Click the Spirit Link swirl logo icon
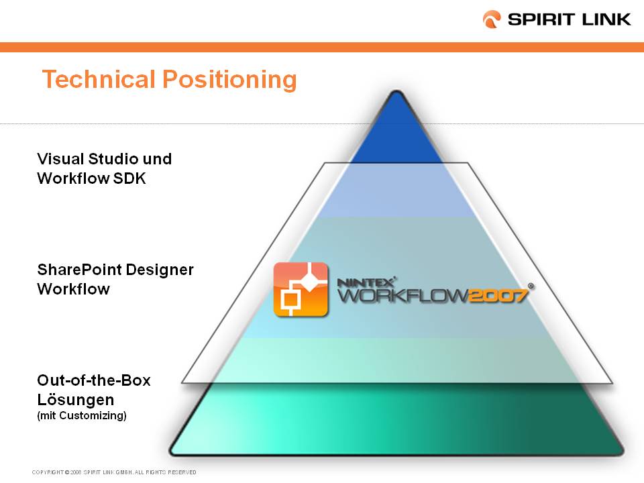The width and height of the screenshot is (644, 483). (492, 19)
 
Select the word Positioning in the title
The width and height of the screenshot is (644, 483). (229, 80)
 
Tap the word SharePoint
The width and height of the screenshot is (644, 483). (79, 270)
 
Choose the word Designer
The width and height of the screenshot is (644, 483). (160, 270)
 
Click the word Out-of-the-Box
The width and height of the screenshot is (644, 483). (94, 380)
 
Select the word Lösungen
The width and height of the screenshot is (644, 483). (76, 400)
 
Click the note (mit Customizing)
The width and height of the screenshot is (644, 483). (82, 416)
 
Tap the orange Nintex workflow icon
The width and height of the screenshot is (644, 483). (301, 290)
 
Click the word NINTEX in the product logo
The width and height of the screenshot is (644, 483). (366, 282)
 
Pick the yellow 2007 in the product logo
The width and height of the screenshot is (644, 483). (498, 295)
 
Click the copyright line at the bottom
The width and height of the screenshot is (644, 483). (114, 472)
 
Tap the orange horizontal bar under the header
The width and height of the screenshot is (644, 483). (322, 47)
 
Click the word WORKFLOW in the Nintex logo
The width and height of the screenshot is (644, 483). (402, 295)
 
